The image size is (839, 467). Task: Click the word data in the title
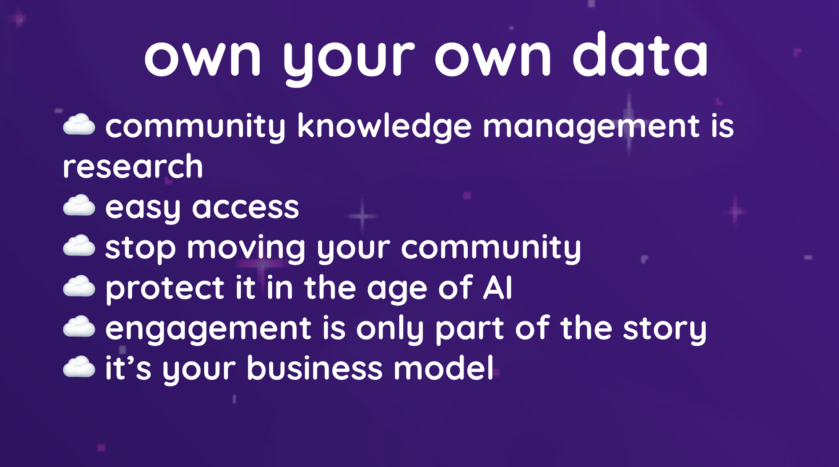(641, 55)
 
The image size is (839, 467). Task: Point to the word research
(133, 167)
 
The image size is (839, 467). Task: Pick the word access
(245, 207)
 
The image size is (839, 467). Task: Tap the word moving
(246, 249)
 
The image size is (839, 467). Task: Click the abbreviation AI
(498, 287)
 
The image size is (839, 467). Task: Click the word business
(315, 368)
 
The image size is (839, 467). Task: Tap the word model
(443, 368)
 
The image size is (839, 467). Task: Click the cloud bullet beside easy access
(79, 206)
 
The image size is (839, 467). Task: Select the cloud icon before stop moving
(79, 246)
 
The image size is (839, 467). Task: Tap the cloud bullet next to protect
(79, 287)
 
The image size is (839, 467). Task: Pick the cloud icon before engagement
(79, 327)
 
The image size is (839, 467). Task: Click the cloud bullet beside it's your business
(79, 367)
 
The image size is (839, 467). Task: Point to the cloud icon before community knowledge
(79, 125)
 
